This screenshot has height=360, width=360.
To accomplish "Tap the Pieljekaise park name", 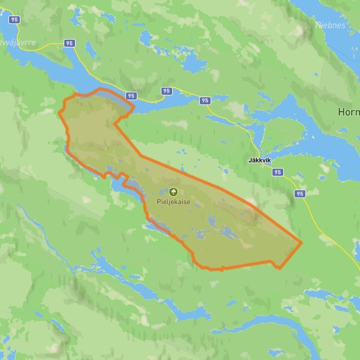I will pos(174,202).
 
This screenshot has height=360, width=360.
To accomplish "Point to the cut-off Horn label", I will pos(349,112).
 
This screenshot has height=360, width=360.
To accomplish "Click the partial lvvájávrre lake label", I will pos(18,43).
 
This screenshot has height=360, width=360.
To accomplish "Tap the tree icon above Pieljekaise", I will pos(174,192).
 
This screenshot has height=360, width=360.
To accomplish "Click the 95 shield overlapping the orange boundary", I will pos(131,95).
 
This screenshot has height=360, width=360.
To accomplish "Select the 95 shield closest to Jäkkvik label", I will pos(277,172).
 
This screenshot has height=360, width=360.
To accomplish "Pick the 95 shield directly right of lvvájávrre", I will pos(69,43).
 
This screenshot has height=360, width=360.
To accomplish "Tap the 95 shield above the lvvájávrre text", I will pos(15,19).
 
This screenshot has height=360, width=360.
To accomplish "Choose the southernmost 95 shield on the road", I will pos(300,194).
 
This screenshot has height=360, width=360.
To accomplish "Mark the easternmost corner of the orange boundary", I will pos(301,242).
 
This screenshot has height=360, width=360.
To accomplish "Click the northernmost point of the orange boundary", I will pos(99,89).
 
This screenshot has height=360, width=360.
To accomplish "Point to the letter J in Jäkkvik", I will pos(250,161).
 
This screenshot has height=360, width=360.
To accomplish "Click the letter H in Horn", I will pos(341,112).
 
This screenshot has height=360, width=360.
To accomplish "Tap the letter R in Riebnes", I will pos(318,26).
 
